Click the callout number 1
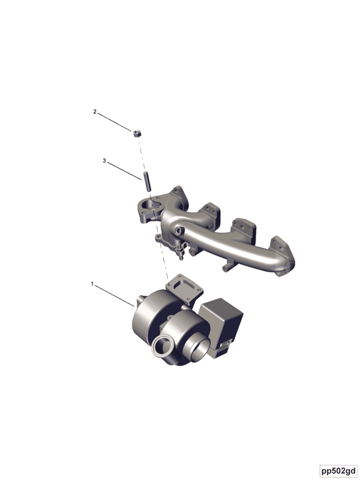click(92, 284)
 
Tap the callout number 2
click(95, 112)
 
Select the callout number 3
click(104, 161)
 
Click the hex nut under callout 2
click(137, 133)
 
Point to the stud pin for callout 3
click(147, 181)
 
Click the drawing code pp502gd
click(339, 470)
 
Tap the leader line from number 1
click(115, 295)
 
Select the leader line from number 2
click(115, 122)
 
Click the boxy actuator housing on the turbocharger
click(221, 325)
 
